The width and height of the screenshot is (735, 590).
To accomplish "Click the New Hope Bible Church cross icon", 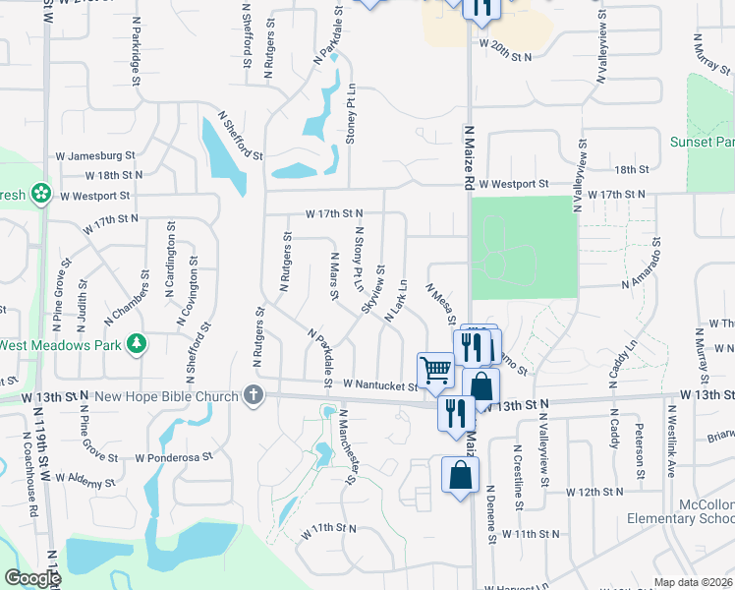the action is [254, 396].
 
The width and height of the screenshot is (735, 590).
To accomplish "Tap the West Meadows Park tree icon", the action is [138, 344].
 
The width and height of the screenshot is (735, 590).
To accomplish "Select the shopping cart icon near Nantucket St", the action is [435, 370].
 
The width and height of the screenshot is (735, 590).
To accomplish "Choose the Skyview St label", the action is [371, 290].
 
